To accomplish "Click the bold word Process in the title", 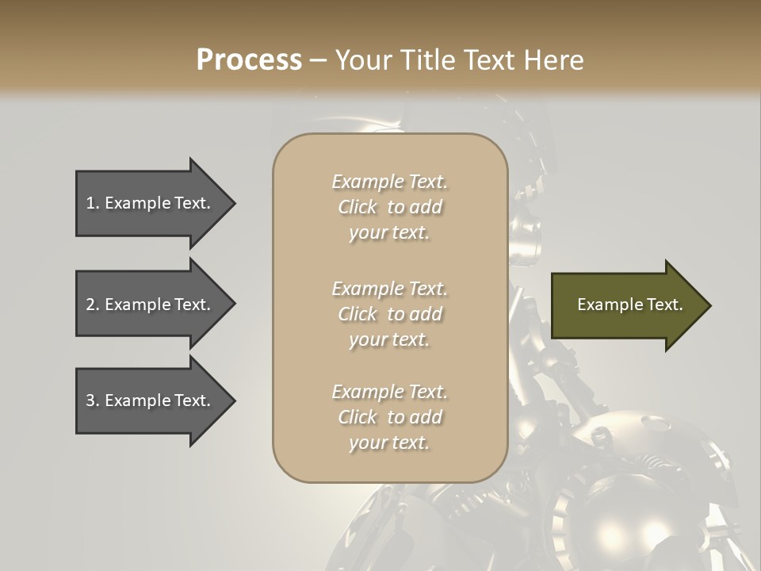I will point(249,60).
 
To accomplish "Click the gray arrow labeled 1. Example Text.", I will point(151,203).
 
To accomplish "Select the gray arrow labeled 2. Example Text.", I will point(151,305).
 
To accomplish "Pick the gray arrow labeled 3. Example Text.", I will point(151,400).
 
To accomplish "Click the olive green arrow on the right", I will point(626,305).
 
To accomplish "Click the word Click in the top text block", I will point(358,208).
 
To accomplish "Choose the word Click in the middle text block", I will point(358,315).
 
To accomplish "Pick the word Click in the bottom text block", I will point(358,418).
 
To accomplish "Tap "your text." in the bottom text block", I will point(389,444).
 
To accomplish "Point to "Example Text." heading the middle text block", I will point(389,289).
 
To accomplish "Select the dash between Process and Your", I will point(318,60).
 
